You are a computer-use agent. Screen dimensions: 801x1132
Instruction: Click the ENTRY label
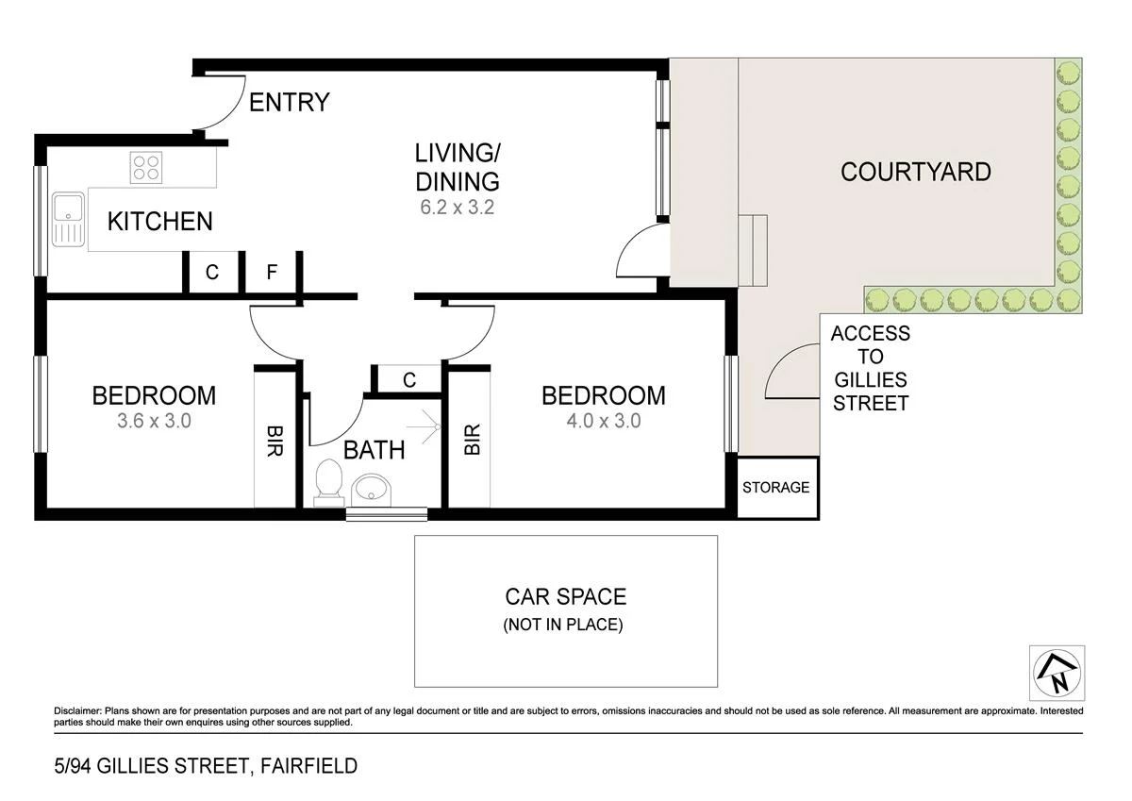[x=289, y=102]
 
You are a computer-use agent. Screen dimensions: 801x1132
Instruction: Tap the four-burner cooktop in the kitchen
[x=146, y=168]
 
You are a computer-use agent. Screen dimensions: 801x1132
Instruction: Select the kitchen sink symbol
[x=68, y=219]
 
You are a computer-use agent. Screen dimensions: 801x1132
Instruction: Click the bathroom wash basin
[x=375, y=490]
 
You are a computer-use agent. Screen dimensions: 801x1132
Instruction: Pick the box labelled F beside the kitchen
[x=272, y=273]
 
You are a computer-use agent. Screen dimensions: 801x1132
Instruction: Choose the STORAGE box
[x=775, y=488]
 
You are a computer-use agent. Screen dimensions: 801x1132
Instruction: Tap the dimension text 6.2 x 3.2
[x=458, y=207]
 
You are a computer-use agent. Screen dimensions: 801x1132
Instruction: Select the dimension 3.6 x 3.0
[x=154, y=421]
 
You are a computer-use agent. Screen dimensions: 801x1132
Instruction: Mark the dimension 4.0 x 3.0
[x=603, y=421]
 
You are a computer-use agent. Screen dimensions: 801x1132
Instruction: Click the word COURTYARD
[x=915, y=172]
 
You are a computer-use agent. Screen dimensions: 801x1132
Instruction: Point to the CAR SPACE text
[x=565, y=596]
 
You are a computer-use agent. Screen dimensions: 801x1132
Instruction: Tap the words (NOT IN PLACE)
[x=563, y=625]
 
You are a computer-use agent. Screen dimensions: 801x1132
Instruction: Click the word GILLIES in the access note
[x=870, y=380]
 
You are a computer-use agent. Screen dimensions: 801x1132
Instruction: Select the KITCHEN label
[x=159, y=222]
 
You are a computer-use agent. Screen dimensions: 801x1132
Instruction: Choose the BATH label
[x=374, y=450]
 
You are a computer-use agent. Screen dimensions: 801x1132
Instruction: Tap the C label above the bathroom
[x=409, y=380]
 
